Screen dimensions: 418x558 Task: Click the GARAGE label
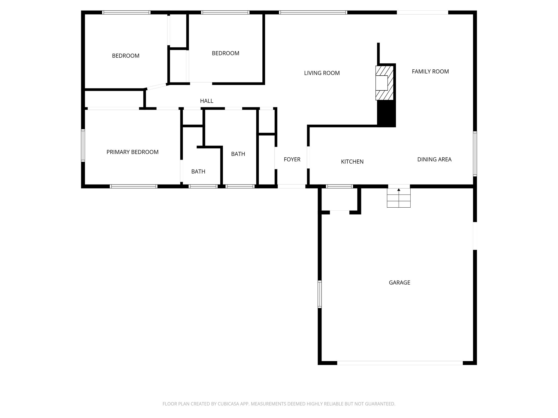pyautogui.click(x=399, y=282)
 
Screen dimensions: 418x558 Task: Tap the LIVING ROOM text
pyautogui.click(x=322, y=73)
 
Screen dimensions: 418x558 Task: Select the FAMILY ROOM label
pyautogui.click(x=430, y=71)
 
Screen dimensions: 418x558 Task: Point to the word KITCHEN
pyautogui.click(x=352, y=162)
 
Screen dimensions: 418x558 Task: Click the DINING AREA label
pyautogui.click(x=434, y=159)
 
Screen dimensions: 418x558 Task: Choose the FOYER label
pyautogui.click(x=292, y=159)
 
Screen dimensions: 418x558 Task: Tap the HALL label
pyautogui.click(x=207, y=101)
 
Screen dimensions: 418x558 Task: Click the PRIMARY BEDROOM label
pyautogui.click(x=132, y=152)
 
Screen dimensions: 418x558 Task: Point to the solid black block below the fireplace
pyautogui.click(x=386, y=113)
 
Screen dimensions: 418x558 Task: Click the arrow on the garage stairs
pyautogui.click(x=399, y=190)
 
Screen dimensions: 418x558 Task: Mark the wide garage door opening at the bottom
pyautogui.click(x=400, y=363)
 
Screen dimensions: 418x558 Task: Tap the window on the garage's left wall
pyautogui.click(x=320, y=294)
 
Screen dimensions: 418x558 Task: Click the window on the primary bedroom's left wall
pyautogui.click(x=83, y=146)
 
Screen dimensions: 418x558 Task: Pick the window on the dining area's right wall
pyautogui.click(x=475, y=153)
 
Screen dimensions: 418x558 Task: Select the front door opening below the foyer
pyautogui.click(x=291, y=186)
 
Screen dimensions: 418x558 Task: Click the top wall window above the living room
pyautogui.click(x=313, y=12)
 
